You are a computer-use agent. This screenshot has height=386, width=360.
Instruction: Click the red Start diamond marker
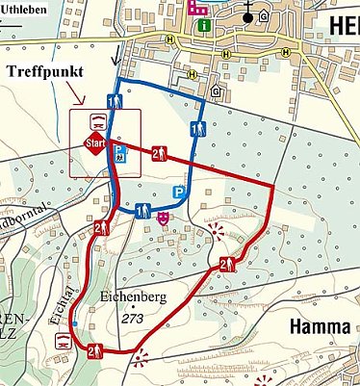tap(94, 145)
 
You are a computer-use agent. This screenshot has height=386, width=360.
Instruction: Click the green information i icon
tap(203, 26)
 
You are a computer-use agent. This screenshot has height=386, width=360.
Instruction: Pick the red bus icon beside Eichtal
tap(62, 338)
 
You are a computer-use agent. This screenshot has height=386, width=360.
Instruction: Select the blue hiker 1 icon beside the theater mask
tap(141, 210)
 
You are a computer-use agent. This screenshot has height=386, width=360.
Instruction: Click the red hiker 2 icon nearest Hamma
tap(227, 265)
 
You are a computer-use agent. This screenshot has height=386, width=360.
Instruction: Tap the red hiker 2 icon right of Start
tap(160, 152)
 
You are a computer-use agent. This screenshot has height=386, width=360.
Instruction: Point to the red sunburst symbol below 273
tap(143, 361)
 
